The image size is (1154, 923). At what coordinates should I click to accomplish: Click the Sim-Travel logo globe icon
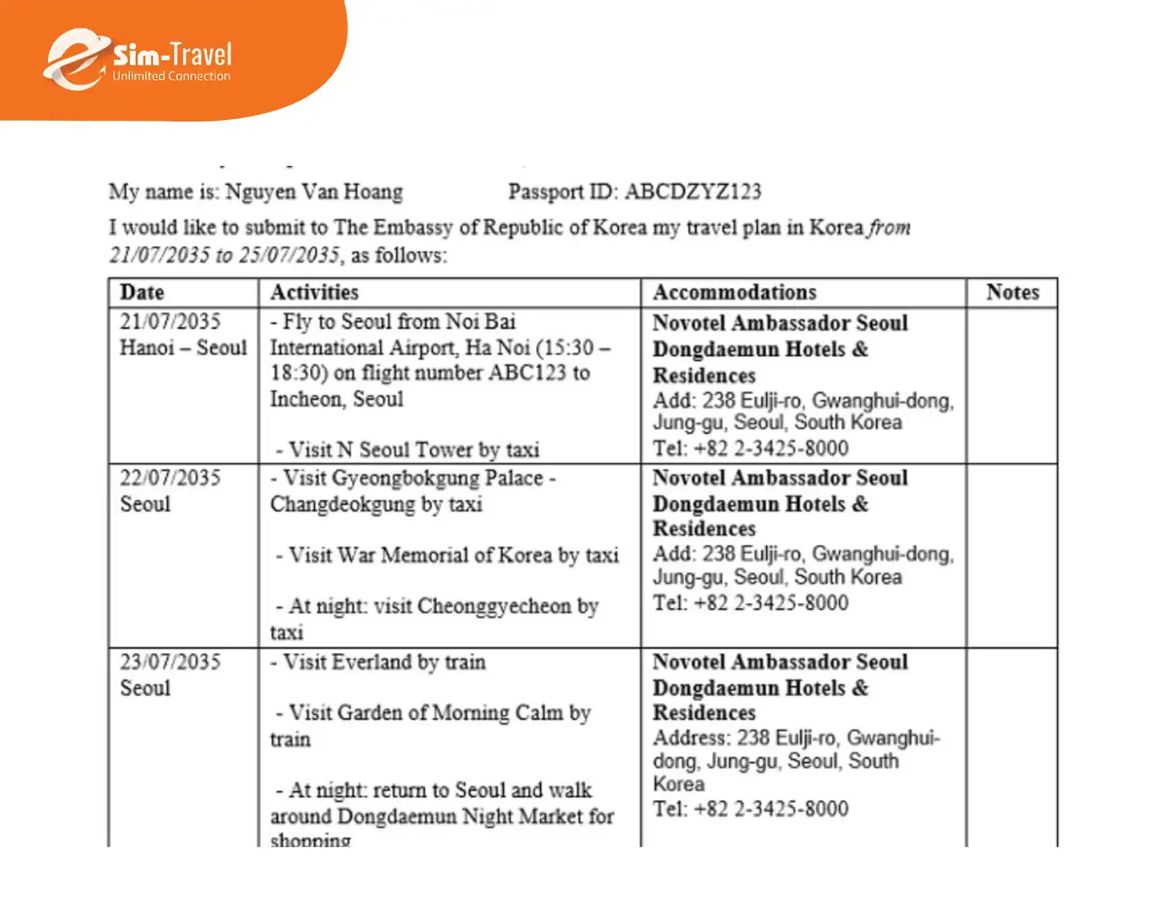[x=75, y=60]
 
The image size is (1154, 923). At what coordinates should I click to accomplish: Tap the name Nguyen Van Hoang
[x=313, y=192]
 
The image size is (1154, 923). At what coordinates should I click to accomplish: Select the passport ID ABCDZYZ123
[x=692, y=192]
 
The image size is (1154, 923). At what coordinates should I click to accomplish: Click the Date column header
[x=142, y=292]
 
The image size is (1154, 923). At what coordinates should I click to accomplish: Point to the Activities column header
[x=314, y=292]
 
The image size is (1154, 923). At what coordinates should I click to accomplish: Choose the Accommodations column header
[x=734, y=292]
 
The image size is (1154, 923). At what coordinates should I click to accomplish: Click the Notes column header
[x=1012, y=292]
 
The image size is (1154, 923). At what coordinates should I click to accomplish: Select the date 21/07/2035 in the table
[x=170, y=322]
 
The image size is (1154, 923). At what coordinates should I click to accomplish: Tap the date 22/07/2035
[x=170, y=478]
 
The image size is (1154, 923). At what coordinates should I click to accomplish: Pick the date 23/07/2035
[x=170, y=662]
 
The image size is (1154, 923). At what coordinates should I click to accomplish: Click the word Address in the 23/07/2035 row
[x=691, y=738]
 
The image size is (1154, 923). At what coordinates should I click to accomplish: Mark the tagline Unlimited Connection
[x=171, y=76]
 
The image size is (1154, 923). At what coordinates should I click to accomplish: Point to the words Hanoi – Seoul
[x=183, y=348]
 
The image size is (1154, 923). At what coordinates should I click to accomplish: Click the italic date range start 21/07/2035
[x=159, y=255]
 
